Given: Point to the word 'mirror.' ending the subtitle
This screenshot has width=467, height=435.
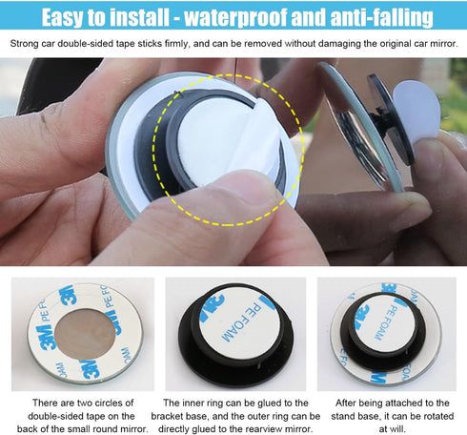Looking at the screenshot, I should [x=442, y=44].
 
